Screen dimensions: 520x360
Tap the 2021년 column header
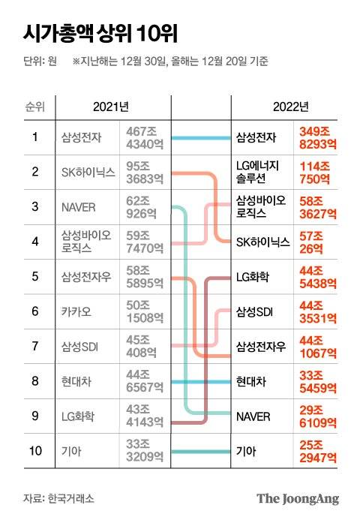coord(111,107)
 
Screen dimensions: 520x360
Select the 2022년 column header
coord(290,107)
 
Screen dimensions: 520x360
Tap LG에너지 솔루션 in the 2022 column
coord(258,172)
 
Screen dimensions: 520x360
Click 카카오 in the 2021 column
coord(78,311)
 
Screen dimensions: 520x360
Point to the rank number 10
coord(34,450)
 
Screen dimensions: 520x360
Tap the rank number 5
coord(34,276)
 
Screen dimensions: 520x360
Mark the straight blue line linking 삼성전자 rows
coord(201,137)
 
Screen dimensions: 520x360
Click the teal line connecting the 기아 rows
coord(201,451)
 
